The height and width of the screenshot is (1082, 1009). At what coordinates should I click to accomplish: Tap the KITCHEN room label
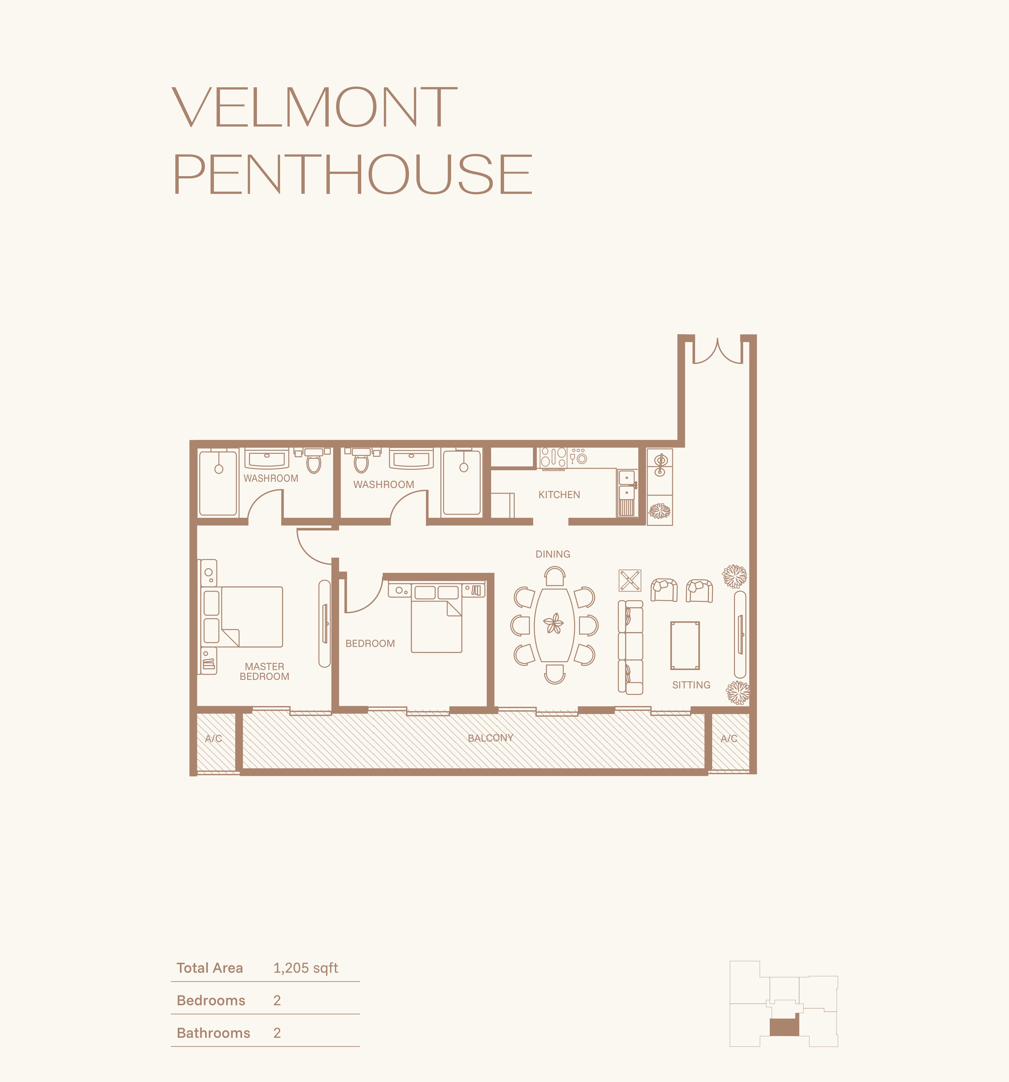coord(559,495)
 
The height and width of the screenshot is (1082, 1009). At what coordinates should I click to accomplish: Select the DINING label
coord(553,554)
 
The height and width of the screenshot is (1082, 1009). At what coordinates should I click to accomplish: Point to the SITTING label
coord(691,685)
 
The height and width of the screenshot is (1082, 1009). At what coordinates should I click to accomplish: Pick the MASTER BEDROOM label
coord(264,672)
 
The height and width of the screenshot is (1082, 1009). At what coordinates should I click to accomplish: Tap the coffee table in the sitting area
coord(685,646)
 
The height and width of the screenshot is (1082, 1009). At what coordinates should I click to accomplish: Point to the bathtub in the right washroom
coord(462,482)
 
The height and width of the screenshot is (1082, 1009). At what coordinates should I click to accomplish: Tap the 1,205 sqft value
coord(306,968)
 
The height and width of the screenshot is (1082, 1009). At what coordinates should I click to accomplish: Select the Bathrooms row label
coord(213,1033)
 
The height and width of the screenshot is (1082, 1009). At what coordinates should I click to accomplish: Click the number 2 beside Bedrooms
coord(277,1000)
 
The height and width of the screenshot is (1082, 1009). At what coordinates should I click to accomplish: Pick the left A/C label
coord(213,738)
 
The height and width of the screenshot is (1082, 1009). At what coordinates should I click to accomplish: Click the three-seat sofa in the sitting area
coord(631,647)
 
